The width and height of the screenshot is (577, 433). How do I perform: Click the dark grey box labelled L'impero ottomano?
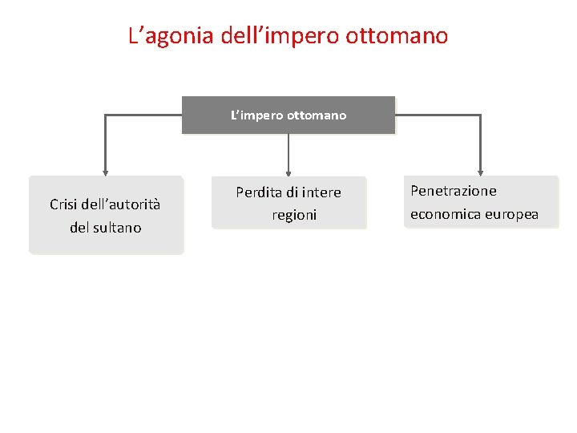click(x=288, y=115)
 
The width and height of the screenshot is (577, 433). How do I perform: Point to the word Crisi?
click(x=65, y=204)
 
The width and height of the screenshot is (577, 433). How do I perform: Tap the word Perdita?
click(x=260, y=192)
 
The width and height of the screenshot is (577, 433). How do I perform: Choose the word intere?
click(x=323, y=192)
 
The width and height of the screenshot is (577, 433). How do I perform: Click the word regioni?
click(x=294, y=215)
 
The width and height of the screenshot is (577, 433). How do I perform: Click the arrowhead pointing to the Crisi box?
click(x=105, y=171)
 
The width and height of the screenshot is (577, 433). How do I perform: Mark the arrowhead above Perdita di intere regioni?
click(x=288, y=171)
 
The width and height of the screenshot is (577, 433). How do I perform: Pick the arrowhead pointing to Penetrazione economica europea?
click(x=480, y=171)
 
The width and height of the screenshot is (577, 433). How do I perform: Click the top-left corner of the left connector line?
click(x=105, y=115)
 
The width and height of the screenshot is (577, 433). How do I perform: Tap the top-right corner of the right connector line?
click(x=480, y=115)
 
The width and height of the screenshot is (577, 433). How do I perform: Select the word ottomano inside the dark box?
click(x=317, y=115)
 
